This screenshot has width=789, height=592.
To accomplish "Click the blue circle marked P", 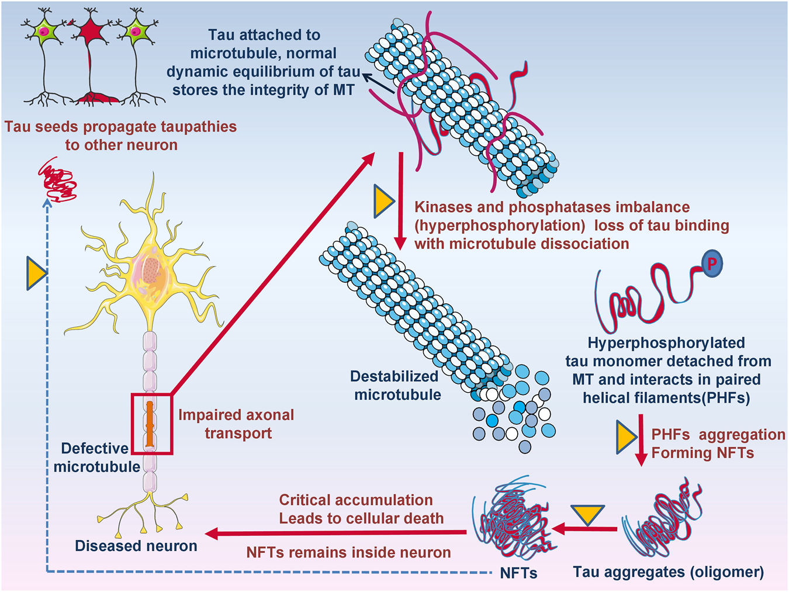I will (711, 264).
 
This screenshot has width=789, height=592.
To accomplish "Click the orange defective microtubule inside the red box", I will (150, 424).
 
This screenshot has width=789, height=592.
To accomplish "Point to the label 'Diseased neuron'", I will (136, 546).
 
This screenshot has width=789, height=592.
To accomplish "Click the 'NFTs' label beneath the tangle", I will (518, 573).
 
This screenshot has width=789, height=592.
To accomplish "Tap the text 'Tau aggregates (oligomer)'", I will (668, 572).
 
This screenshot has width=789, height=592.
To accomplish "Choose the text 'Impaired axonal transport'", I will (236, 424).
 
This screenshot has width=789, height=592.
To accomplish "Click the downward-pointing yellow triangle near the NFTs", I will (586, 514).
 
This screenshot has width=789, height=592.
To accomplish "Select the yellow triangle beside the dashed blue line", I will (36, 273).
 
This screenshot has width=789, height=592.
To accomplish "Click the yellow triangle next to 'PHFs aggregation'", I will (625, 438).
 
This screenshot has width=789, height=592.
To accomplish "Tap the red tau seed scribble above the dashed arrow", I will (57, 179).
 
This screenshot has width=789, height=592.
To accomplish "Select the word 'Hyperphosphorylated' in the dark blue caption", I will (666, 342).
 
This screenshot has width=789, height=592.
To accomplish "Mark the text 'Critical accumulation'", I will (355, 500).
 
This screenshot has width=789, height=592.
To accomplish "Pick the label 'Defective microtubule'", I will (96, 458).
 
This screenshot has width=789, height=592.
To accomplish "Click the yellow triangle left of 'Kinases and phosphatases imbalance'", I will (383, 202).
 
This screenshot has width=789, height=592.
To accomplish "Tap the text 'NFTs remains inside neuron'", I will (348, 552).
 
